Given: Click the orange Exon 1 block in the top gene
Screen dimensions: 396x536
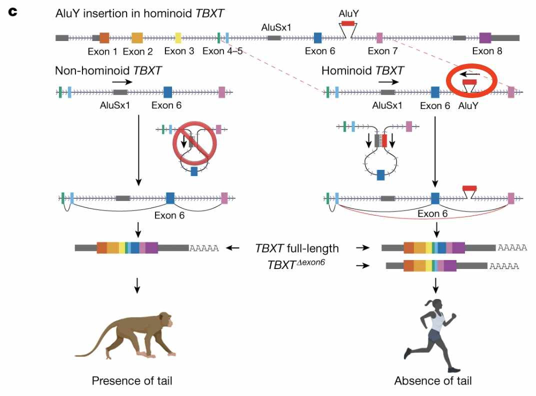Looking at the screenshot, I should click(x=104, y=37).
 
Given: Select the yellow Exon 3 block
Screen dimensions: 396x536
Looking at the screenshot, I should click(x=178, y=37).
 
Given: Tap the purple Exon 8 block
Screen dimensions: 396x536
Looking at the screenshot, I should click(x=485, y=37).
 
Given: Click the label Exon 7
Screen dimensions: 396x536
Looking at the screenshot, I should click(x=382, y=51).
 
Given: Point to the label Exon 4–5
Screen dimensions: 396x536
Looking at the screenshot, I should click(x=222, y=51).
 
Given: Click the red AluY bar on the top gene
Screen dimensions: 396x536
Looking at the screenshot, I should click(x=348, y=23).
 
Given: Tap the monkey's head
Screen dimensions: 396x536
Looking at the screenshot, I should click(x=163, y=320).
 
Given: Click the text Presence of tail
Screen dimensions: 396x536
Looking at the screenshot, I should click(x=132, y=381).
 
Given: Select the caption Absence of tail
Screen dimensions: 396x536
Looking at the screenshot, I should click(x=432, y=381).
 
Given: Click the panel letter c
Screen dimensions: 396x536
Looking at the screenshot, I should click(x=13, y=11).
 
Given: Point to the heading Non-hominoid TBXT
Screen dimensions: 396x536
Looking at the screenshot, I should click(x=108, y=70).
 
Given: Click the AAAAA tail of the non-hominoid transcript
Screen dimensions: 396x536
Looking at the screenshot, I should click(x=204, y=248).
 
